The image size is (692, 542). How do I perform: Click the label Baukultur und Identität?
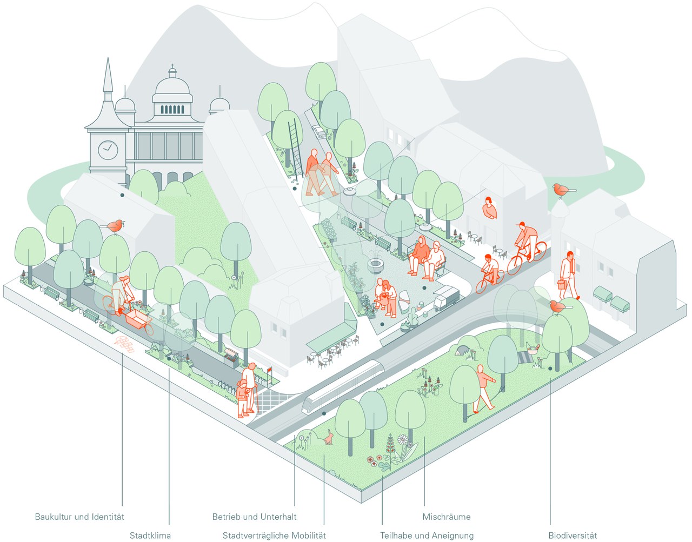(79, 517)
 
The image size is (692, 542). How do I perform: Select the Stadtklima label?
(150, 536)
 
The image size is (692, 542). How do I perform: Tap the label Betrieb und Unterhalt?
(254, 517)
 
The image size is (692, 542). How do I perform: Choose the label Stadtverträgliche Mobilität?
(274, 536)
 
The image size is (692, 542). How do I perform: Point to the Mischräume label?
(447, 517)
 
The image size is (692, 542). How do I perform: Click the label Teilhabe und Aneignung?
(427, 536)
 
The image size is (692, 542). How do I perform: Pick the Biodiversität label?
(573, 536)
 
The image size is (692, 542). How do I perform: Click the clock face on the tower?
(108, 150)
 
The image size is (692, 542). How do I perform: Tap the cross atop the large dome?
(172, 66)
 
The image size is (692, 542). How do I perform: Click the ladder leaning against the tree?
(296, 149)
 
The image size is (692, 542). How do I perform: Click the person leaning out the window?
(489, 208)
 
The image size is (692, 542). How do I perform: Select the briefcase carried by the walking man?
(561, 284)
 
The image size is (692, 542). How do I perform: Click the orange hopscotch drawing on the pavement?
(124, 345)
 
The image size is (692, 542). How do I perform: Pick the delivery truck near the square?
(446, 298)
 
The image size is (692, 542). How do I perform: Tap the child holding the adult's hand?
(243, 399)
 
